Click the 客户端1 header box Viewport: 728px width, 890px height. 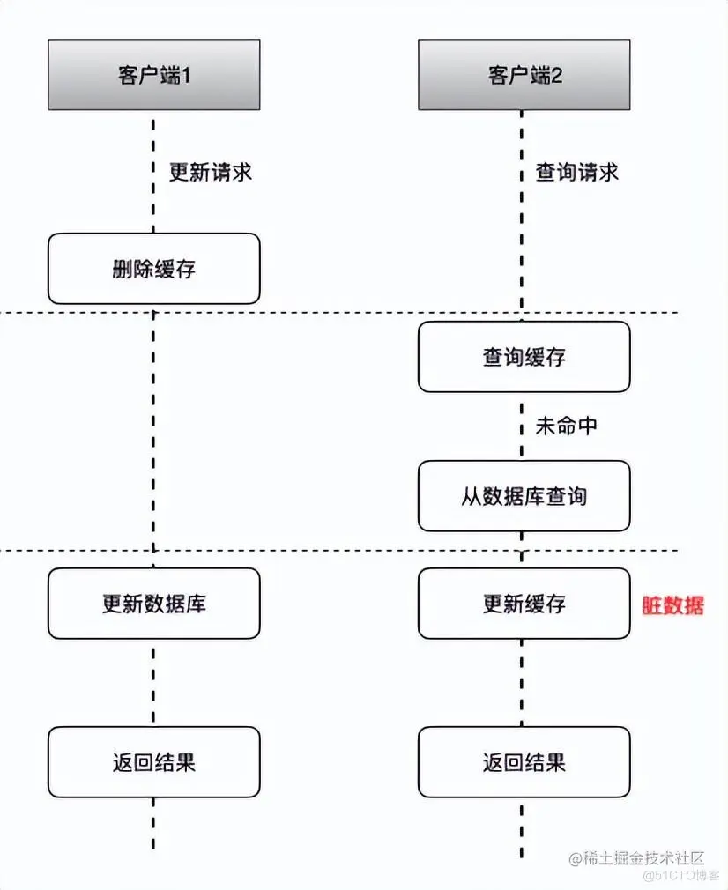click(x=154, y=75)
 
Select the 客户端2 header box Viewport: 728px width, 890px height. click(x=524, y=75)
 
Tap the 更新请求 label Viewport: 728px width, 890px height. click(x=211, y=172)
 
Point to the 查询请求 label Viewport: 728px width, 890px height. click(x=577, y=172)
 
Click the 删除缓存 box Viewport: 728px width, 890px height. click(x=154, y=269)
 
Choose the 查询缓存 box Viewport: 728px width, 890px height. click(x=524, y=357)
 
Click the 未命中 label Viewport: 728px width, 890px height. click(x=566, y=426)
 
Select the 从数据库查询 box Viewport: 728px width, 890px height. click(x=524, y=496)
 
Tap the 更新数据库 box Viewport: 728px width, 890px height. click(x=154, y=604)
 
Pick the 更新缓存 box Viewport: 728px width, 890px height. click(x=524, y=604)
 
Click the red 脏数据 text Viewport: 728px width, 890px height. click(x=673, y=605)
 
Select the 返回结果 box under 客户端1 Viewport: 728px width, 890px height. click(x=154, y=762)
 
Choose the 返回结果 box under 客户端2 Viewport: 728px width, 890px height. click(x=524, y=762)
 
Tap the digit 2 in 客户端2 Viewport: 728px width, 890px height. click(x=556, y=76)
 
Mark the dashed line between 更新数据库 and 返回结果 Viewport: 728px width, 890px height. click(x=154, y=683)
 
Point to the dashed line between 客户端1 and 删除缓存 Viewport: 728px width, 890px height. click(x=154, y=172)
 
